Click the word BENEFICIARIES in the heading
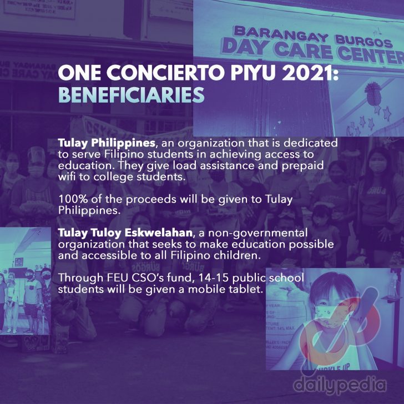point(131,95)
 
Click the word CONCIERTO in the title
point(165,73)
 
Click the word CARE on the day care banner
point(303,50)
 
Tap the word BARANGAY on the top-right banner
point(281,34)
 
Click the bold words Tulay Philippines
point(107,143)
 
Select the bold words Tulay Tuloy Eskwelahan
point(125,233)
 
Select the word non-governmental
point(257,233)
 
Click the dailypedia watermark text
point(340,385)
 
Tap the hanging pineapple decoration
point(373,94)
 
